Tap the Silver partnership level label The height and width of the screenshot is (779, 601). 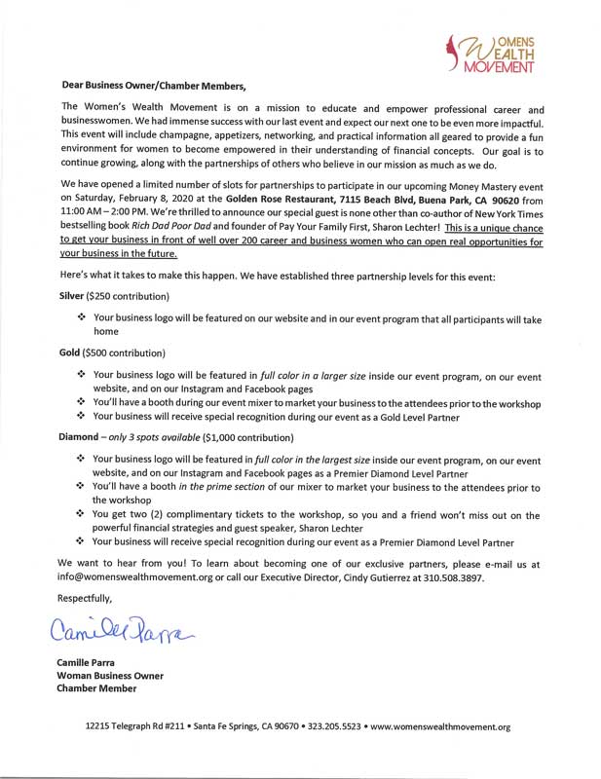point(74,294)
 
